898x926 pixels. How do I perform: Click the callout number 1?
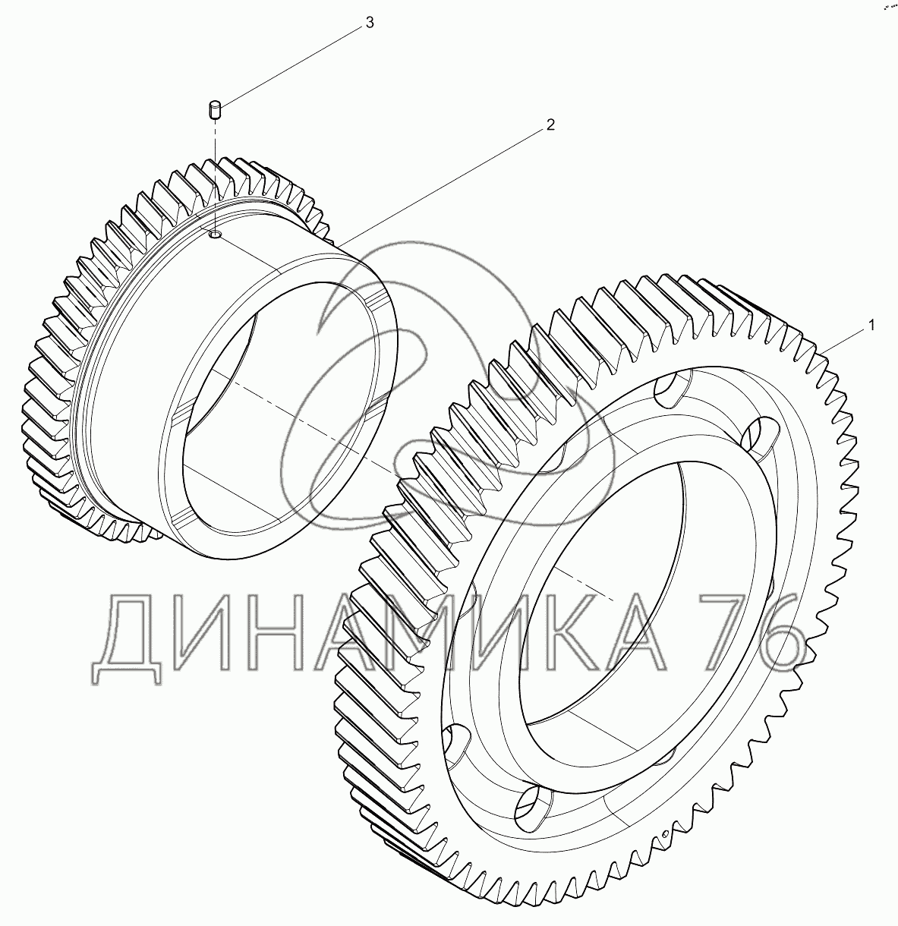(x=871, y=326)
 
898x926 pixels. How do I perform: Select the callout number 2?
(x=550, y=125)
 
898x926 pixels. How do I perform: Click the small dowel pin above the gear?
(x=215, y=110)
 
